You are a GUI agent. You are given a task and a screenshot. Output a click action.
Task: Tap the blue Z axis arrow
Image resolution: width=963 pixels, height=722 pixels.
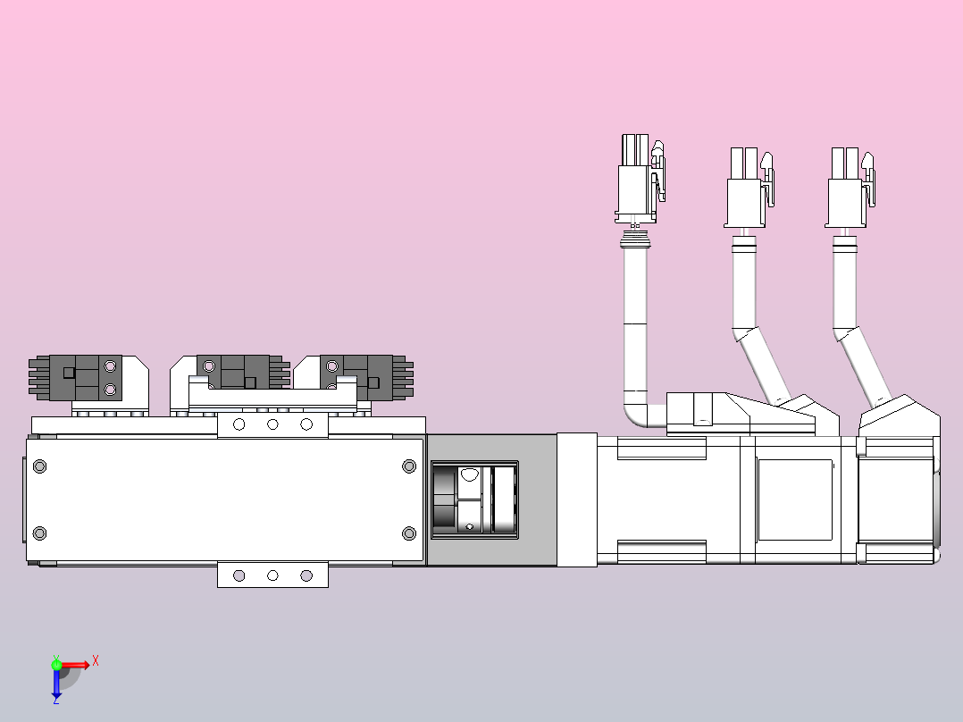tap(56, 683)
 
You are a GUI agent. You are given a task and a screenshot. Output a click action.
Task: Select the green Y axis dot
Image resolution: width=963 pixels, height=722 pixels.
tap(56, 663)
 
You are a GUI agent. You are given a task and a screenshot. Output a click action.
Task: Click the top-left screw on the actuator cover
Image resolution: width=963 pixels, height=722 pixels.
tap(39, 466)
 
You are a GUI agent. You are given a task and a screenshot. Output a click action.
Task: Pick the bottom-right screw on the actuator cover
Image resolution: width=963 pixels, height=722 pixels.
tap(409, 533)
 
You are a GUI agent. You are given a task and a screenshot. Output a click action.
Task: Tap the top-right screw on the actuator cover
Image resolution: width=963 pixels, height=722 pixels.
tap(409, 466)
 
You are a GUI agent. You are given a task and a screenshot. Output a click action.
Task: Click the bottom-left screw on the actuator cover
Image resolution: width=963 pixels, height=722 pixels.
tap(39, 533)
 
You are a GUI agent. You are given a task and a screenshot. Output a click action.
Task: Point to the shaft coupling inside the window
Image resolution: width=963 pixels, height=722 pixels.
tap(473, 500)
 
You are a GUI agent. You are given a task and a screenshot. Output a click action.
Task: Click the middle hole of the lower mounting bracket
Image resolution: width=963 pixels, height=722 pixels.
tap(272, 575)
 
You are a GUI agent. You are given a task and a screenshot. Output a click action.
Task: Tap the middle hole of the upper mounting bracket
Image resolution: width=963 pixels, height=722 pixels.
tap(272, 424)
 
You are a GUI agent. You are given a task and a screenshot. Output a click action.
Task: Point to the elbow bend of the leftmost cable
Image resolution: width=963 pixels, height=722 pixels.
tap(636, 412)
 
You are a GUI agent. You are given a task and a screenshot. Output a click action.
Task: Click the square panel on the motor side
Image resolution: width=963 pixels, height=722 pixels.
tap(794, 500)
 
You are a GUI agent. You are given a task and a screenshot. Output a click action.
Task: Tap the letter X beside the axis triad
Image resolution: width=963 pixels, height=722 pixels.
tap(96, 661)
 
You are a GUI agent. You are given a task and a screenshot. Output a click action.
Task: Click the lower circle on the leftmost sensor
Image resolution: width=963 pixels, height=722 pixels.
tap(111, 390)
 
